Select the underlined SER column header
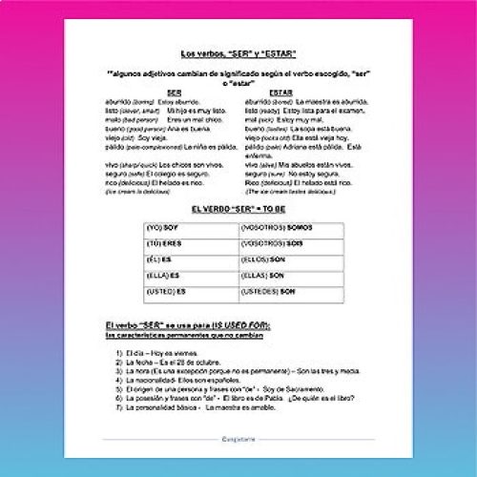176,92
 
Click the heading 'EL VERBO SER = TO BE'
238,208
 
